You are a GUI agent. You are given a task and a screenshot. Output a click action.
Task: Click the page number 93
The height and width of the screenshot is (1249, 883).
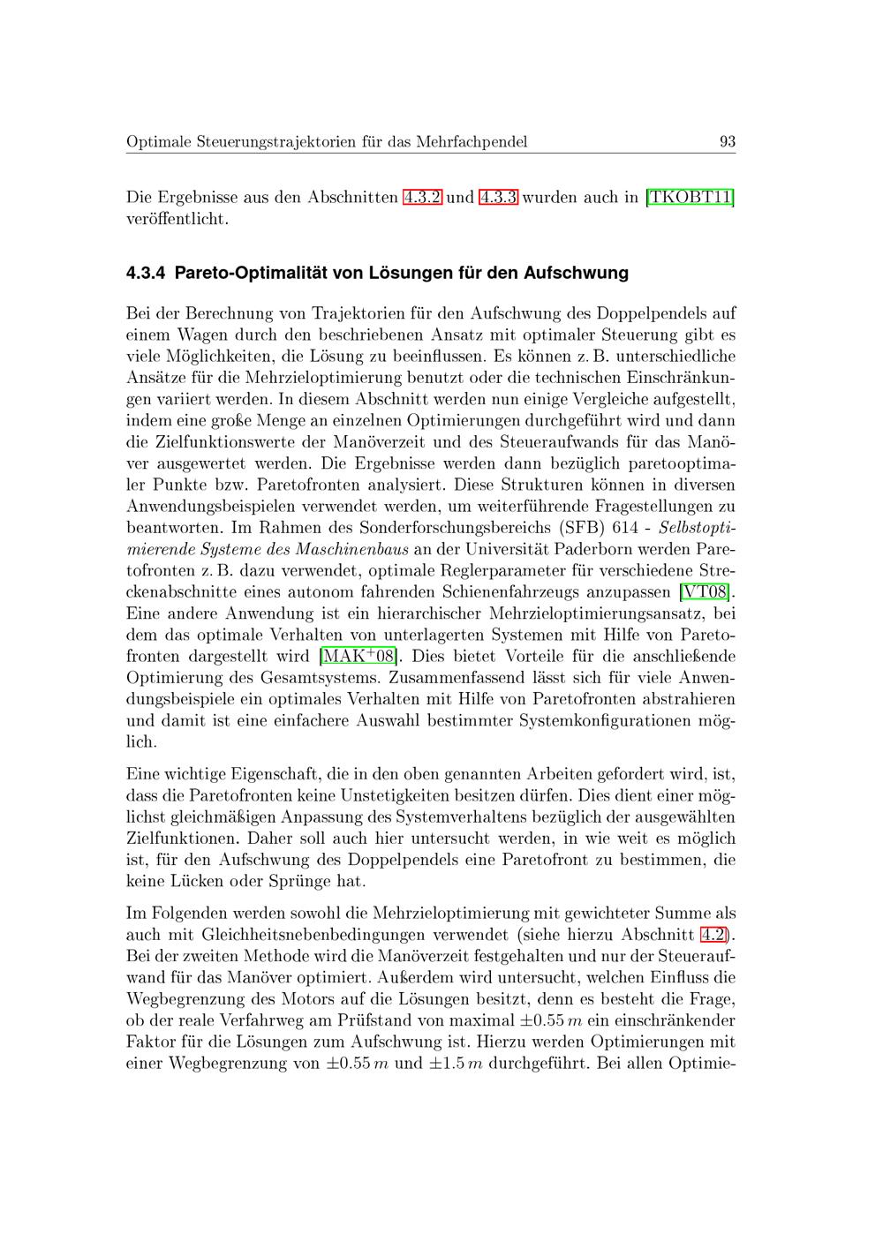point(728,141)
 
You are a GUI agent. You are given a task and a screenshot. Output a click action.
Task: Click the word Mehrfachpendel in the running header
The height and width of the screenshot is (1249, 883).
point(472,141)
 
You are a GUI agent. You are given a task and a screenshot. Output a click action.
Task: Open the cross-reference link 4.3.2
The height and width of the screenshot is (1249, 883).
point(422,197)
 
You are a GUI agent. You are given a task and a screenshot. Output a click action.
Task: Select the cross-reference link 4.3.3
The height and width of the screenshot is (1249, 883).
point(498,197)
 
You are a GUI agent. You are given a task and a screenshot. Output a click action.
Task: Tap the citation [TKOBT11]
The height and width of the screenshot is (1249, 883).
point(691,197)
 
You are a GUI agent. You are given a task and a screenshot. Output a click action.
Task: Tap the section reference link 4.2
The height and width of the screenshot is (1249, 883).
point(716,934)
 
